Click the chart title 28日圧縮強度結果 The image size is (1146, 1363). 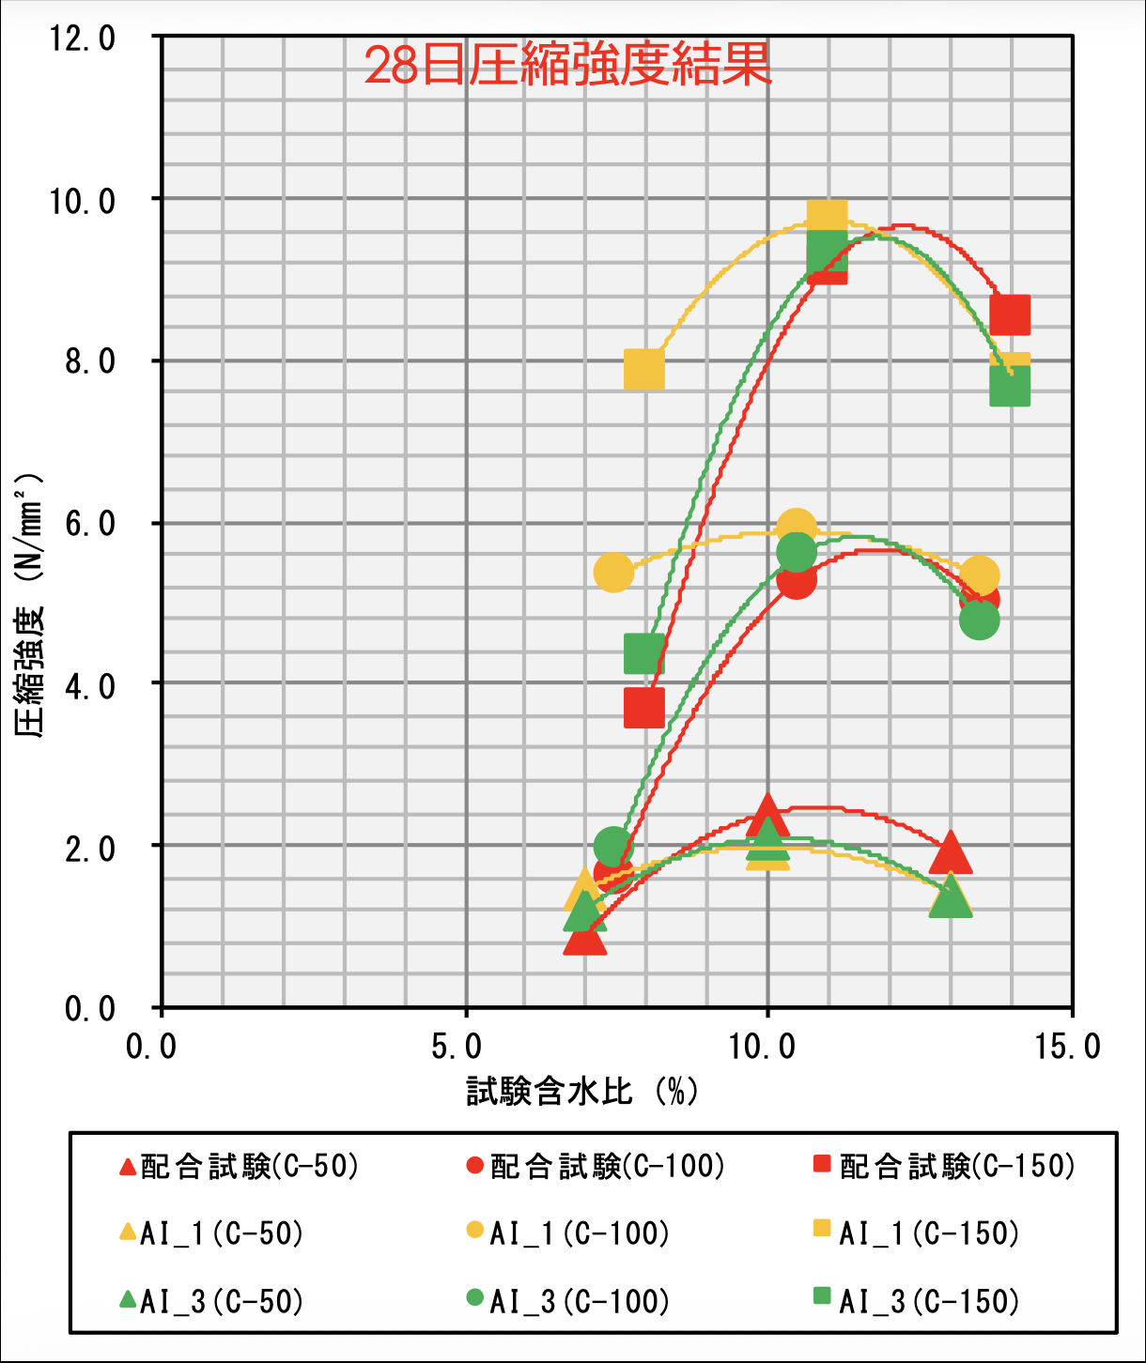[567, 66]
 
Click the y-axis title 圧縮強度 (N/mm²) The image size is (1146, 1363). [30, 605]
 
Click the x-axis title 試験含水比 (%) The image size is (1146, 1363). [582, 1091]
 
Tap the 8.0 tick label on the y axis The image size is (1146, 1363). [90, 361]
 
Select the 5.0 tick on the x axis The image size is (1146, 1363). [457, 1047]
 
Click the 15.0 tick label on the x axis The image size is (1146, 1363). [1067, 1047]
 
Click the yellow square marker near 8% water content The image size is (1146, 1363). [644, 371]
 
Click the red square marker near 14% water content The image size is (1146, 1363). [1011, 314]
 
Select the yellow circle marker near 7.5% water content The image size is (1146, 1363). [613, 572]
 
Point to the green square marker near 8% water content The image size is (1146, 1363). [644, 652]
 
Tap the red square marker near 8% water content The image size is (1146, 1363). [644, 708]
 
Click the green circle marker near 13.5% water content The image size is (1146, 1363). [979, 620]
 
